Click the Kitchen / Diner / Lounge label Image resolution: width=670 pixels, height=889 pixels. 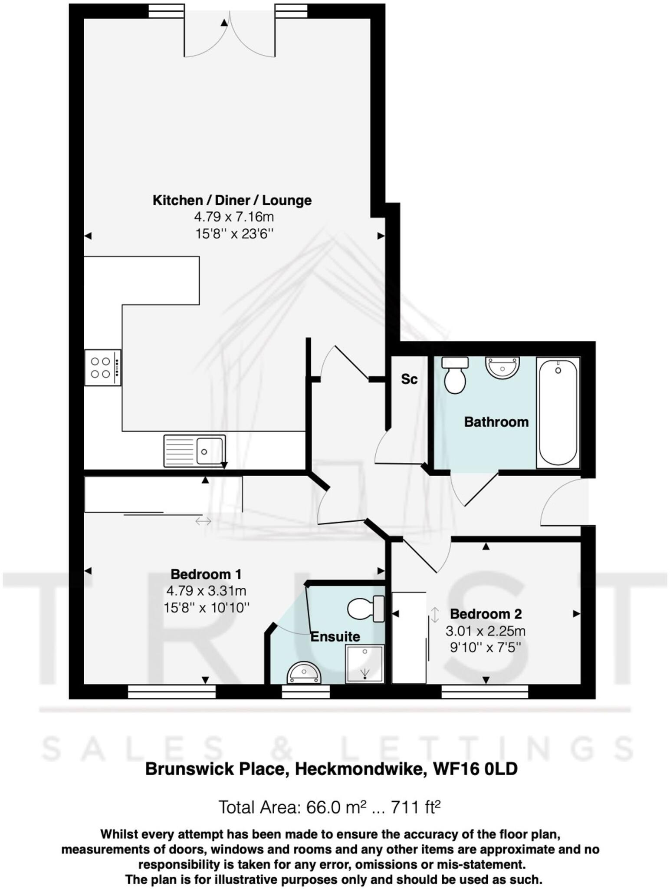point(232,201)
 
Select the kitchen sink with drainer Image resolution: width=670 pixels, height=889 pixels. point(194,451)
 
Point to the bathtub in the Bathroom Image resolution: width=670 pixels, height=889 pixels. point(558,412)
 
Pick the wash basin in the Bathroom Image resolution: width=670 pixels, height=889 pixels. point(502,368)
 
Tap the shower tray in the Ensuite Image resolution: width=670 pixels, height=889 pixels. point(365,664)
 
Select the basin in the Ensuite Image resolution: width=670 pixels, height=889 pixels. point(304,674)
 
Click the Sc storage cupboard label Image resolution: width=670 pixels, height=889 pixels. point(409,379)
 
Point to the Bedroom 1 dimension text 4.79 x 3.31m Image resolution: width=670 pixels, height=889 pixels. point(206,591)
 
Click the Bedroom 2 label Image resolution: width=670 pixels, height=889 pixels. point(486,614)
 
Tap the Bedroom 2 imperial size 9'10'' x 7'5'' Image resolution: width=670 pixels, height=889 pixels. point(486,648)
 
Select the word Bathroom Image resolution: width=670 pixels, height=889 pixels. point(496,422)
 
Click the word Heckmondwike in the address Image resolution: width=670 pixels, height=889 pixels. point(359,769)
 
